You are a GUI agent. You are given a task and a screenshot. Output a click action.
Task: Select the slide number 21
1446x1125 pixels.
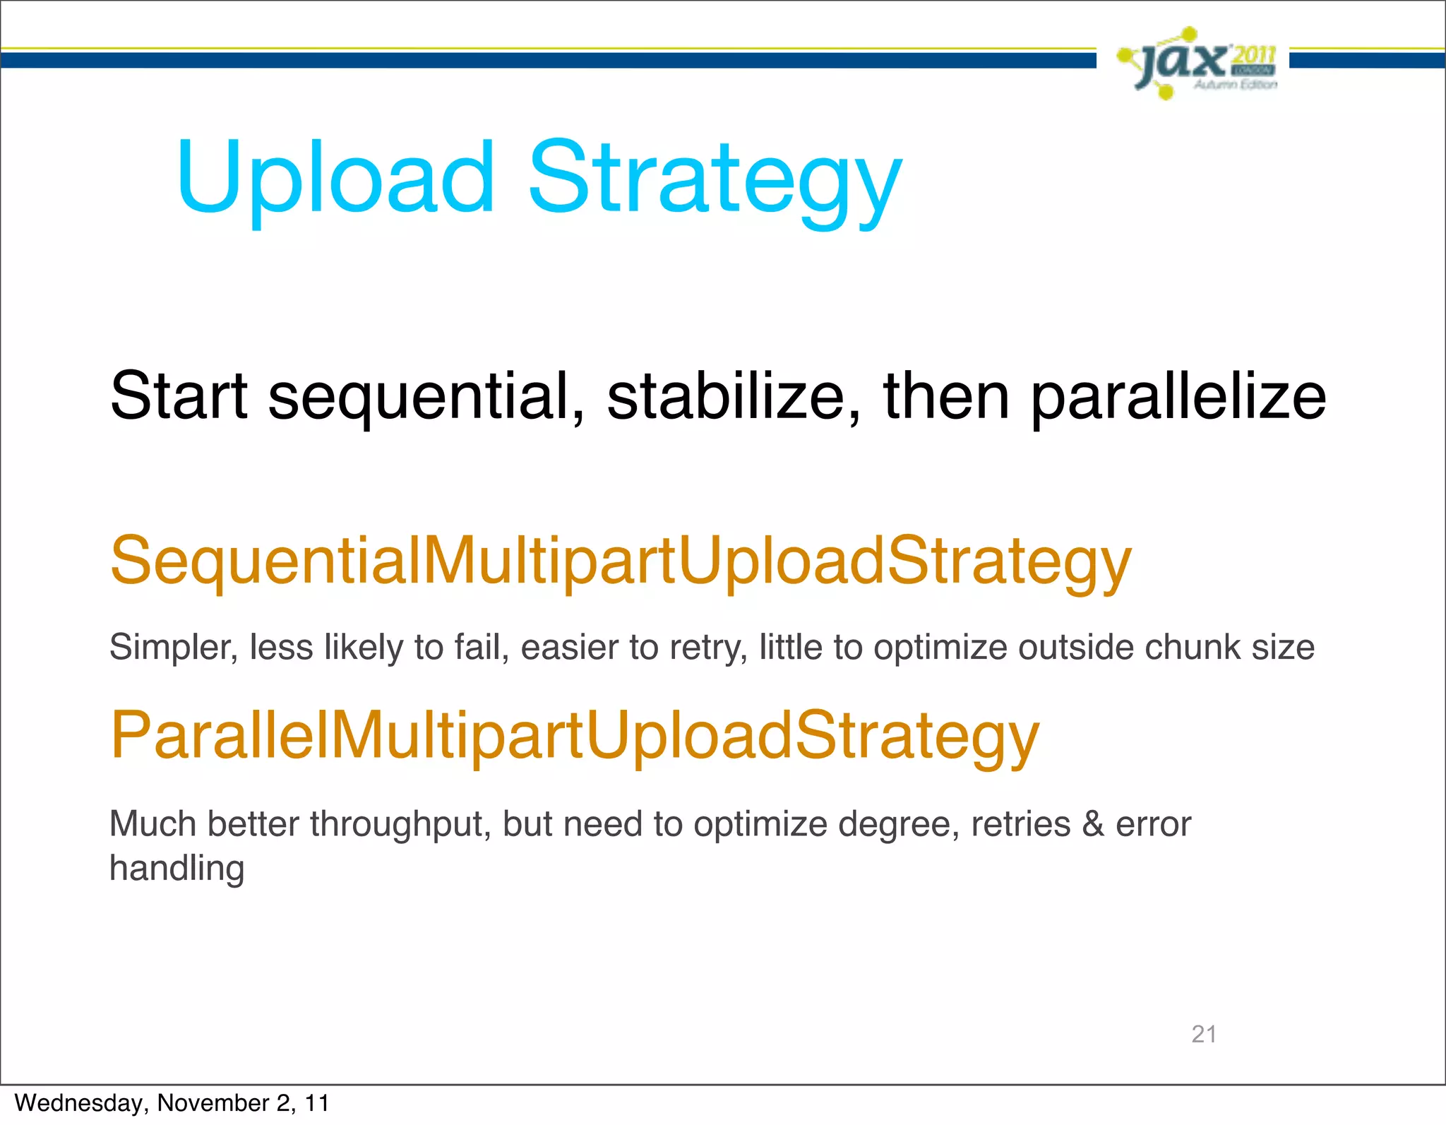tap(1204, 1034)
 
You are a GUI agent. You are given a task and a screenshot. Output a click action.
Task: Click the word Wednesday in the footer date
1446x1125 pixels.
tap(78, 1103)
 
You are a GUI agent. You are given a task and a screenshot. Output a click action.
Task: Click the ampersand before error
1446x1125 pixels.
tap(1093, 824)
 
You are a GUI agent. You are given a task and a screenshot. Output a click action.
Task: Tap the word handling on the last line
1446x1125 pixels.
tap(177, 868)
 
